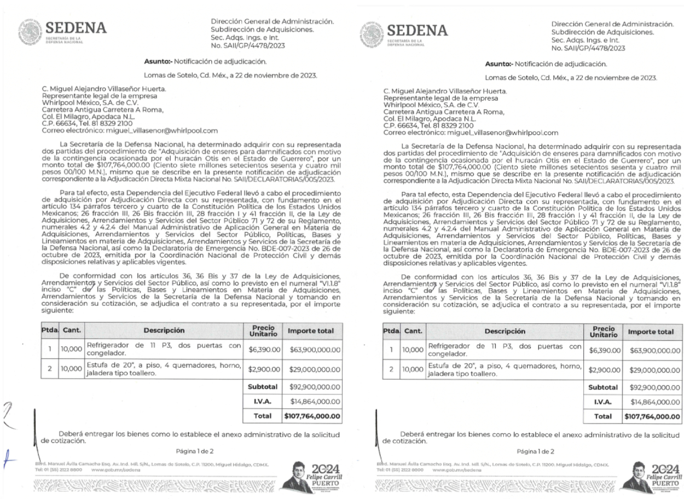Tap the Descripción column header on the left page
(164, 330)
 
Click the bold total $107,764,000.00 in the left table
(312, 416)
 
